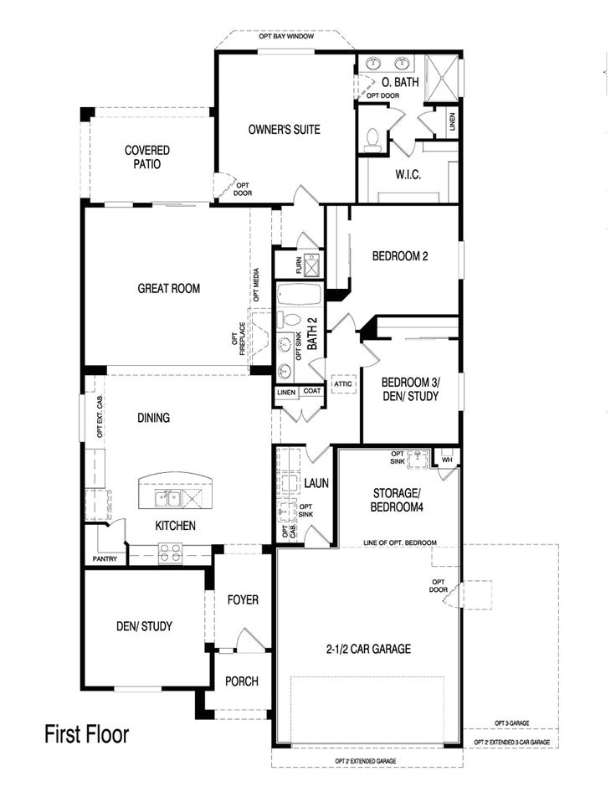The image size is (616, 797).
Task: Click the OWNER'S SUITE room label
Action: click(285, 130)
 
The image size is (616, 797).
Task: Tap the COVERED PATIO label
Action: click(147, 157)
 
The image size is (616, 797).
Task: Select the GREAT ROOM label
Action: click(169, 289)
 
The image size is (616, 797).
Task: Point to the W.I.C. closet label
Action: click(408, 174)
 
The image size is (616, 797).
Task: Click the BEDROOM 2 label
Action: click(400, 256)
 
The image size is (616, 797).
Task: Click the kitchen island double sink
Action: click(168, 500)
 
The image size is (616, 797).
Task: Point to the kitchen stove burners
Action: click(171, 553)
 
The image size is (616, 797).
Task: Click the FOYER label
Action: click(243, 600)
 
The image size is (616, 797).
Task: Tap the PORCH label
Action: click(242, 681)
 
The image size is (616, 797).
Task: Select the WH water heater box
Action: click(447, 460)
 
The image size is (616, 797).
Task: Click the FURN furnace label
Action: click(300, 265)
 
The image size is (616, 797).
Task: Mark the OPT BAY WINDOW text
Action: click(284, 37)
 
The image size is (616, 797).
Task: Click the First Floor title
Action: click(87, 735)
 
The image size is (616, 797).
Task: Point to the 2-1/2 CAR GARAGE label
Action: click(369, 649)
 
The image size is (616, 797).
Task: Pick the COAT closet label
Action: click(311, 391)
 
